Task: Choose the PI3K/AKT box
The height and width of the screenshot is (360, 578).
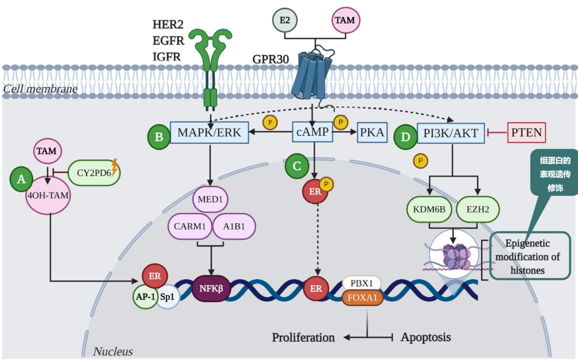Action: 452,133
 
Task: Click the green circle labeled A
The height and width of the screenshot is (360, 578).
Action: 21,180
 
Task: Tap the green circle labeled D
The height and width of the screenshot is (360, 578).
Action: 405,137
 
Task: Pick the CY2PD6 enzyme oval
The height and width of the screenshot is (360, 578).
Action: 94,172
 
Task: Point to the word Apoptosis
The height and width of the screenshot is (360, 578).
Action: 425,337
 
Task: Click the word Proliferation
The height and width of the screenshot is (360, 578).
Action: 303,338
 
